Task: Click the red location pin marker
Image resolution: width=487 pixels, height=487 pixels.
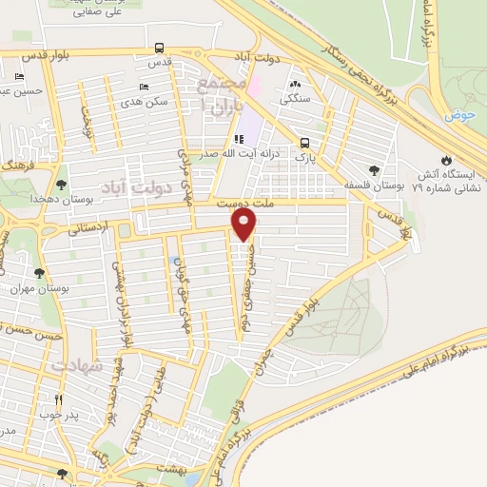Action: click(x=243, y=224)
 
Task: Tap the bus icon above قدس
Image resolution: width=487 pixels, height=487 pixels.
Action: click(x=159, y=47)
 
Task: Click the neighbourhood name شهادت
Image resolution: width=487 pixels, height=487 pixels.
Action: click(x=73, y=366)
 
